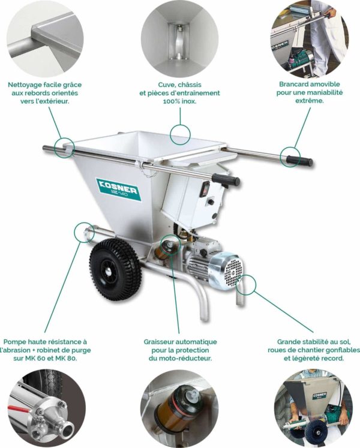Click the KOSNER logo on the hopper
point(118,189)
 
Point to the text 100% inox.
point(179,101)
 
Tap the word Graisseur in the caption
point(158,342)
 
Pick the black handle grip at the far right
point(299,160)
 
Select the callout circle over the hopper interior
point(180,135)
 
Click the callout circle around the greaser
point(171,245)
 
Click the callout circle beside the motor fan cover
point(245,285)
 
